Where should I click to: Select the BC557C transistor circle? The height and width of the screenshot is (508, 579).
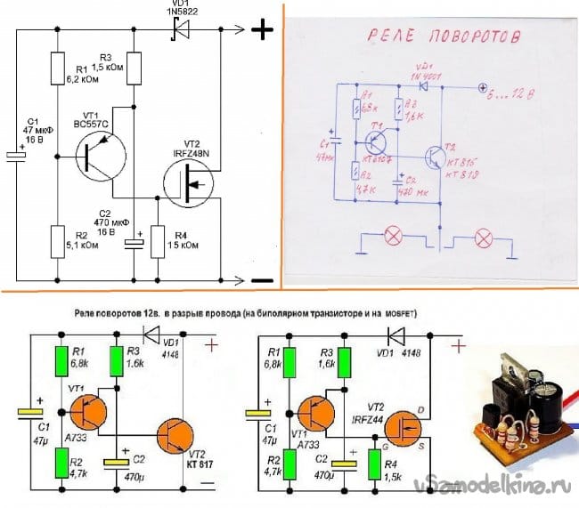[94, 156]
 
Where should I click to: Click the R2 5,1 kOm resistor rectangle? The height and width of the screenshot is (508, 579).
[56, 238]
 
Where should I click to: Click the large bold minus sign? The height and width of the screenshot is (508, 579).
[262, 280]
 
